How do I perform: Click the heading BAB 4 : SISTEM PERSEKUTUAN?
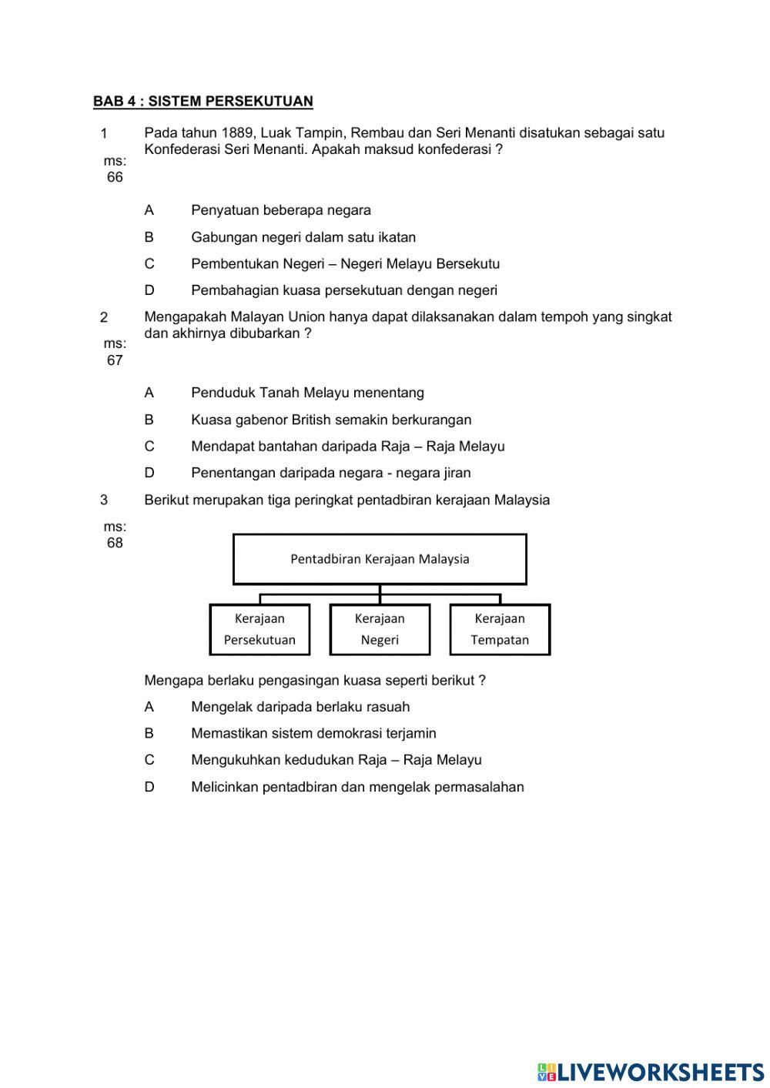[203, 102]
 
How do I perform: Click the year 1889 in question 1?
[237, 133]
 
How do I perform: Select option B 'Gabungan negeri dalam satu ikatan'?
[303, 237]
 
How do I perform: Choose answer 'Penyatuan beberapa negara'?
[281, 210]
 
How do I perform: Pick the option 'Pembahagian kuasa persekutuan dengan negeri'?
[344, 290]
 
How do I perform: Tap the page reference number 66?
[115, 178]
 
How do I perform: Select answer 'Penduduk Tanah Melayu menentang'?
[307, 393]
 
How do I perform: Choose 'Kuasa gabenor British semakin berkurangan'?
[331, 420]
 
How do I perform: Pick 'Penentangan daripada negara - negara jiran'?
[331, 473]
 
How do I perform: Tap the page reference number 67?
[115, 360]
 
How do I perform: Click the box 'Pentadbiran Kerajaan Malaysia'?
[380, 559]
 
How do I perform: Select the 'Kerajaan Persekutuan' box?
[259, 629]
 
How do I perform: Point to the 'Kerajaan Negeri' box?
[380, 629]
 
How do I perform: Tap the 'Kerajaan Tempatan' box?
[500, 629]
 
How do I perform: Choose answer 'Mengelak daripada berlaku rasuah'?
[300, 707]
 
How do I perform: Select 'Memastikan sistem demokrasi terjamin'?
[313, 733]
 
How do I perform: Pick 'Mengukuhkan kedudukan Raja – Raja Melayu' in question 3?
[336, 760]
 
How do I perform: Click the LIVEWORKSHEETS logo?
[651, 1071]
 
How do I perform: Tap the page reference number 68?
[115, 543]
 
